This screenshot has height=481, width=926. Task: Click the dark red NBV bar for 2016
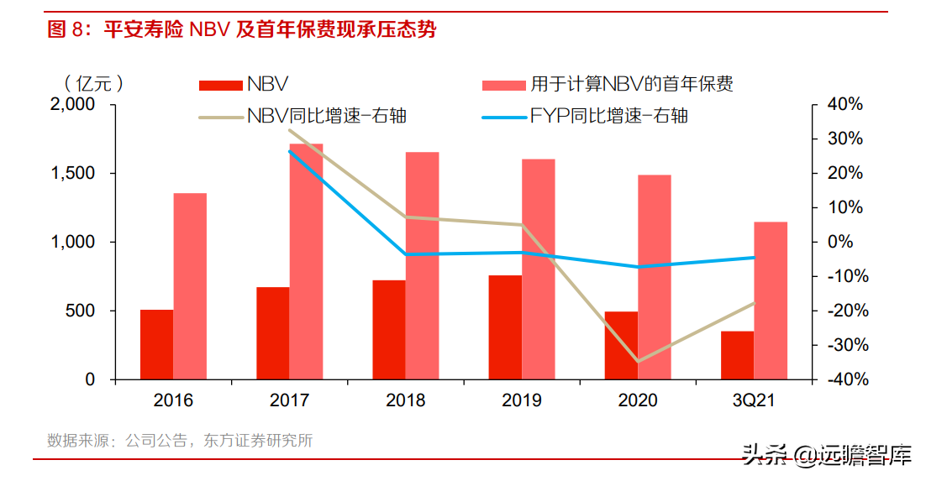point(156,344)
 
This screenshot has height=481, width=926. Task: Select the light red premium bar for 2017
point(306,261)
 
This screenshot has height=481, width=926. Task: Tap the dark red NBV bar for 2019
point(505,327)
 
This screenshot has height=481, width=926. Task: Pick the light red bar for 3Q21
point(771,301)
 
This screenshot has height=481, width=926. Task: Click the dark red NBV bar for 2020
point(621,345)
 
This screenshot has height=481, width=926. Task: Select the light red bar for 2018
point(422,265)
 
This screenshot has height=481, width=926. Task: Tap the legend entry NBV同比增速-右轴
point(303,116)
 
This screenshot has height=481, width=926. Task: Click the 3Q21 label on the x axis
point(754,400)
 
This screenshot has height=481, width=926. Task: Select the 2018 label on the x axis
point(406,400)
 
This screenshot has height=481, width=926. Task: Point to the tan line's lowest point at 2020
point(638,361)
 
